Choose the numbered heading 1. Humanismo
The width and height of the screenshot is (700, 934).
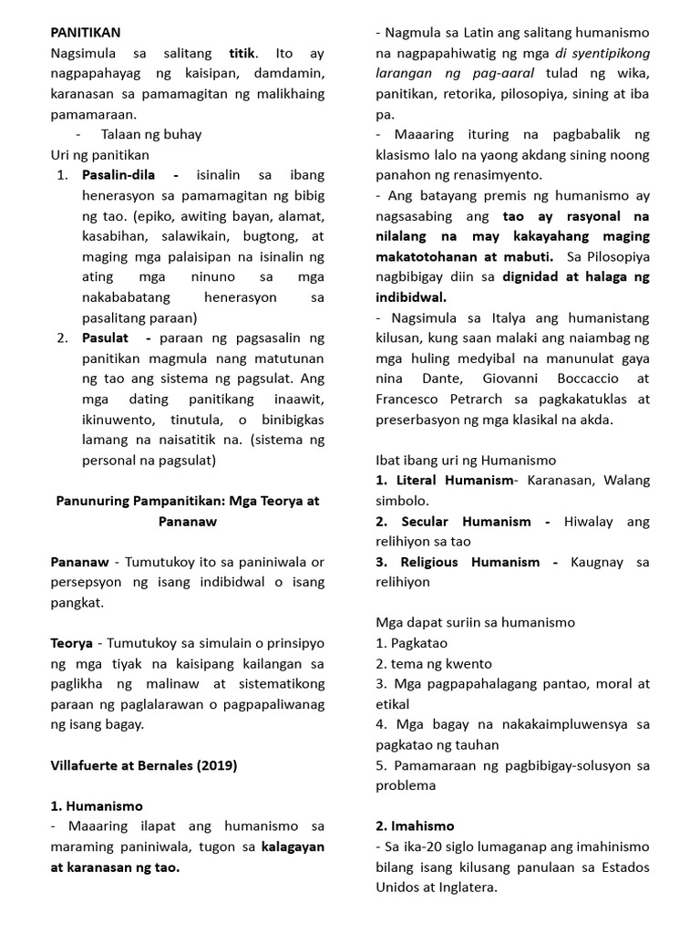(x=96, y=806)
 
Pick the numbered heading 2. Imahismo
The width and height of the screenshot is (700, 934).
(x=415, y=826)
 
